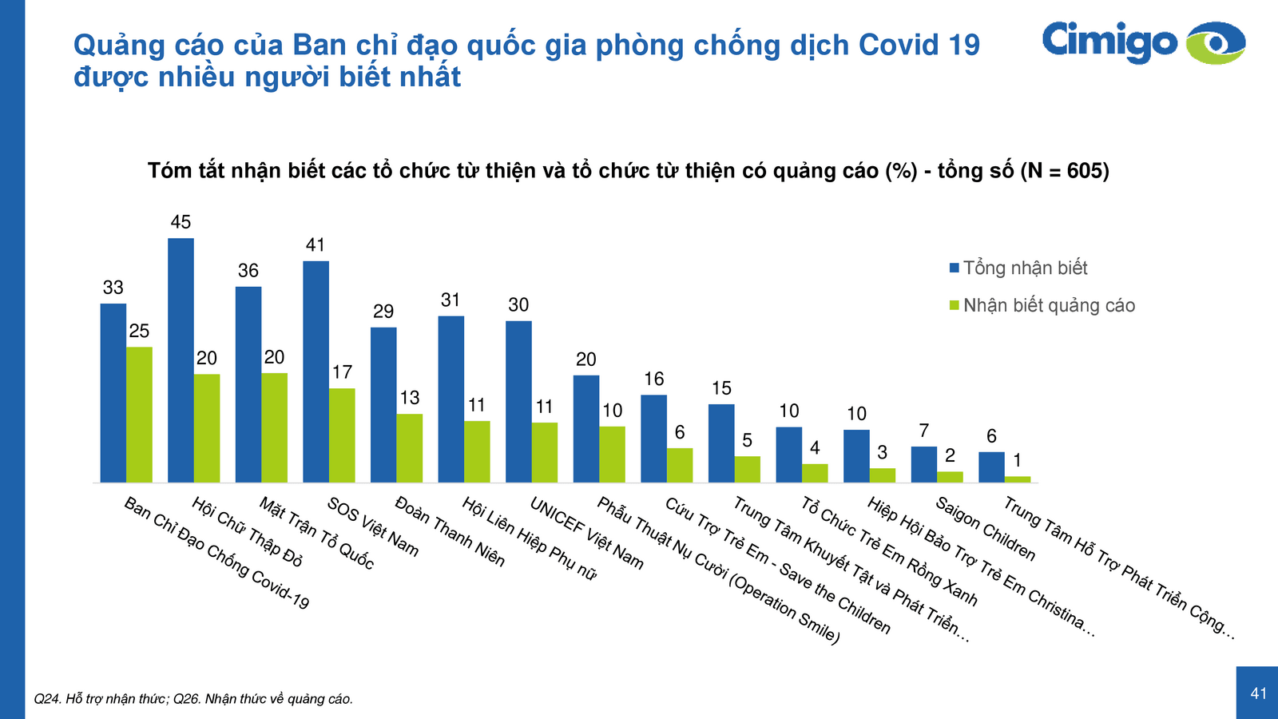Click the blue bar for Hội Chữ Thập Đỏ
[181, 359]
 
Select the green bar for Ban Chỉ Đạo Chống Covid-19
[139, 414]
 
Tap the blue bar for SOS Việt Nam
[316, 371]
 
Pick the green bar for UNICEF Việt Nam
[545, 452]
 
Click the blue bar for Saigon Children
[924, 464]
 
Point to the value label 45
[181, 222]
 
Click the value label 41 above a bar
[316, 245]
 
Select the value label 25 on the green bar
[139, 331]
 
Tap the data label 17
[342, 372]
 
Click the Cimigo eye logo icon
[1215, 43]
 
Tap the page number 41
[1258, 693]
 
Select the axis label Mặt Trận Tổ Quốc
[316, 533]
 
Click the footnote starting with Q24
[193, 699]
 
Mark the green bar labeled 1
[1018, 479]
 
